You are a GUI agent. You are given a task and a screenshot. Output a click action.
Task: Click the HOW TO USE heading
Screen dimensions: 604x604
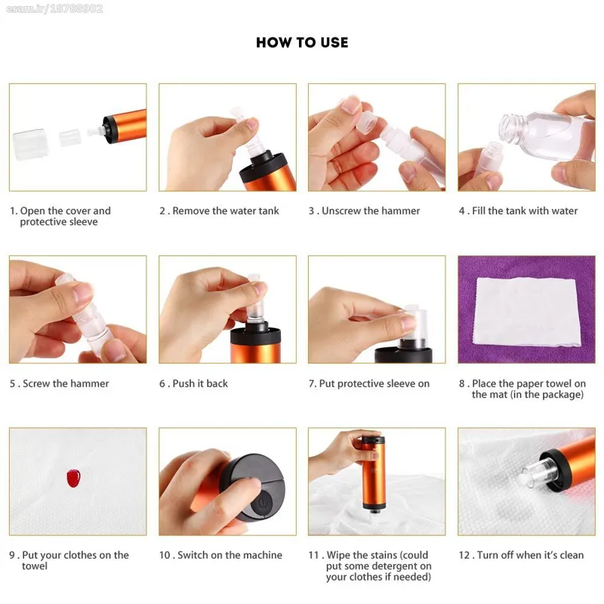coord(302,42)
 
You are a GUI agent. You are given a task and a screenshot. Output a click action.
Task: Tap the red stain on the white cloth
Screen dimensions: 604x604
coord(73,478)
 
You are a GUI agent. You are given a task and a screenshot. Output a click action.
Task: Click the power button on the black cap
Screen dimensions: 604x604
coord(263,502)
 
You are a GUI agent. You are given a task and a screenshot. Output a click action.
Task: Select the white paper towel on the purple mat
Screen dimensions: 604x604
coord(527,312)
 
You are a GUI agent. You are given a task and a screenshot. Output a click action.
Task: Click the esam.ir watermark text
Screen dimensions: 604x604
coord(54,8)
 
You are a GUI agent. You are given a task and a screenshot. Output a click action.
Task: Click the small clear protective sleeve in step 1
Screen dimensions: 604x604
coord(70,137)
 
